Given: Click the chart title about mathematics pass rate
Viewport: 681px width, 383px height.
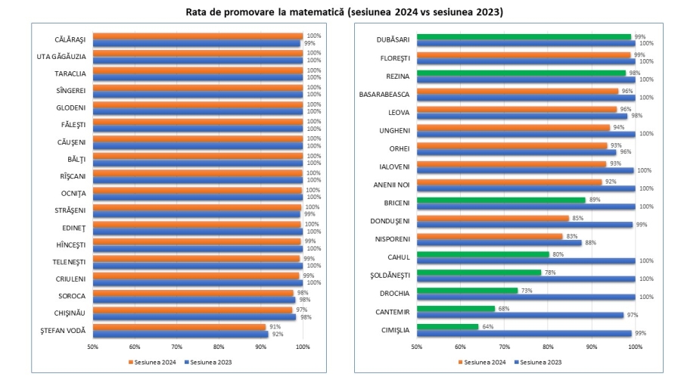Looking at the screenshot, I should point(340,12).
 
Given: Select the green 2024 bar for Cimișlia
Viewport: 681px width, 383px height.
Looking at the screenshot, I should point(447,326).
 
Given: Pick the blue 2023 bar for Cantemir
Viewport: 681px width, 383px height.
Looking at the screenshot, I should point(520,315).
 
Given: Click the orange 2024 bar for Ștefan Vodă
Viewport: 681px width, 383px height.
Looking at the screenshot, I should point(179,326).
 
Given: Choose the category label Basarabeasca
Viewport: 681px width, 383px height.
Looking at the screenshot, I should point(384,95).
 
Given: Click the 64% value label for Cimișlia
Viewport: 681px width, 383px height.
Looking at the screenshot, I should point(487,326).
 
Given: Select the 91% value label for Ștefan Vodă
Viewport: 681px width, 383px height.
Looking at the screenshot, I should point(275,326).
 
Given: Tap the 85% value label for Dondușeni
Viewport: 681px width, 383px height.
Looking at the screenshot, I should point(577,218).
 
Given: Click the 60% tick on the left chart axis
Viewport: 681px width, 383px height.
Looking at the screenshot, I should point(135,347).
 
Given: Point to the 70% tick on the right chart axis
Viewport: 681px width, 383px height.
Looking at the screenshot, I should point(504,347).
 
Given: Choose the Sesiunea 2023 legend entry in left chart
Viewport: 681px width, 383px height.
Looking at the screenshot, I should point(210,362).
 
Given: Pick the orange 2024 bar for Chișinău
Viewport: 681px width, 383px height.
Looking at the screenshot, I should point(192,309).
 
